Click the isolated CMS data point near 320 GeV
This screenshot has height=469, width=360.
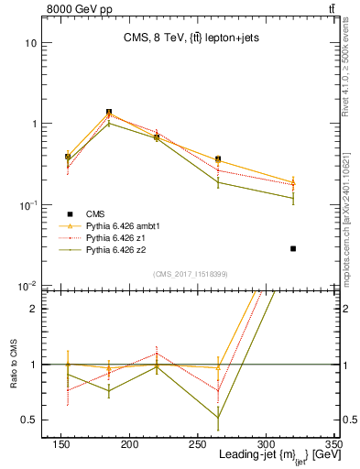(x=293, y=248)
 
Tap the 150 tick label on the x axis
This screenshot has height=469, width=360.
(x=140, y=445)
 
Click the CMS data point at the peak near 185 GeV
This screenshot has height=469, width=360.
(x=109, y=113)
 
